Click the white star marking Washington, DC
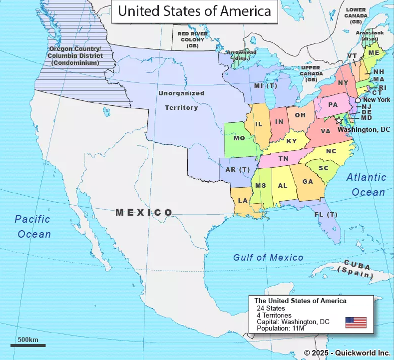pos(340,121)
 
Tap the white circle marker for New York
pos(358,100)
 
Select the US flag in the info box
pos(356,322)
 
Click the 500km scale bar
pos(28,345)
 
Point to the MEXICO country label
pos(144,213)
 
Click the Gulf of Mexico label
pos(268,258)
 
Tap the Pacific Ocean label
pos(33,226)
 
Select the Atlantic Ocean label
pos(367,184)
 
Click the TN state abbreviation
pos(283,159)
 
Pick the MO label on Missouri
pos(239,138)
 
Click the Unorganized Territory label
pos(181,100)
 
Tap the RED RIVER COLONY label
pos(192,40)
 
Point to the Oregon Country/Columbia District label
pos(76,56)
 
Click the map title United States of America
pos(195,11)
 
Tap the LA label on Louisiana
pos(243,201)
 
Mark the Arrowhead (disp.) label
pos(241,55)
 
